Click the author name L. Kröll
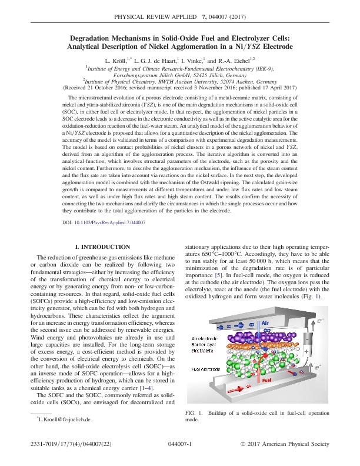click(x=116, y=60)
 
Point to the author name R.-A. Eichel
click(x=235, y=60)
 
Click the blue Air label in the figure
click(x=265, y=323)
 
